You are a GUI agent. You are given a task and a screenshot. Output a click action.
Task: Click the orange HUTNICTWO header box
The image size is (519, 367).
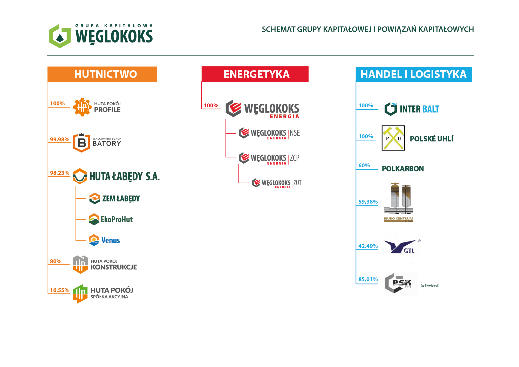pyautogui.click(x=102, y=74)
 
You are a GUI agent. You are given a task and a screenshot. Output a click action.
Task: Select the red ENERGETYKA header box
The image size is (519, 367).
pyautogui.click(x=255, y=74)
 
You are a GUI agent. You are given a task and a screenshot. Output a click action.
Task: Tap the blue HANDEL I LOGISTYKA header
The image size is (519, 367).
pyautogui.click(x=414, y=74)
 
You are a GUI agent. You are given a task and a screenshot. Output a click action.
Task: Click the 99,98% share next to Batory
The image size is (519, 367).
pyautogui.click(x=60, y=140)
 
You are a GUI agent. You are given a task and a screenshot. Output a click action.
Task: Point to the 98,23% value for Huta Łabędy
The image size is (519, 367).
pyautogui.click(x=60, y=173)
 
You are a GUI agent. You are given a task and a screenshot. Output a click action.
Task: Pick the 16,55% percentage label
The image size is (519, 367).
pyautogui.click(x=60, y=290)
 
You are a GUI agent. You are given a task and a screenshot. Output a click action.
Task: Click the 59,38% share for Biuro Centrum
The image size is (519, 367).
pyautogui.click(x=368, y=202)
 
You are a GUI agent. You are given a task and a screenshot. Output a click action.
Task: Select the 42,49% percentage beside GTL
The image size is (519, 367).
pyautogui.click(x=368, y=246)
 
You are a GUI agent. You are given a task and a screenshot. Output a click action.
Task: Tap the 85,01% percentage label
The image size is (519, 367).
pyautogui.click(x=368, y=279)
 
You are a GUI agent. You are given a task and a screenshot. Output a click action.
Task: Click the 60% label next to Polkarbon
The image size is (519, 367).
pyautogui.click(x=364, y=165)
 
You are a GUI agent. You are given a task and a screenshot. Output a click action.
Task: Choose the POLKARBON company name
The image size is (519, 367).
pyautogui.click(x=403, y=169)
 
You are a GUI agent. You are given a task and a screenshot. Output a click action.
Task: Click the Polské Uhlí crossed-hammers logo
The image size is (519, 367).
pyautogui.click(x=393, y=138)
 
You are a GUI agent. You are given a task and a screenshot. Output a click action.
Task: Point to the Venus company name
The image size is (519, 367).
pyautogui.click(x=111, y=240)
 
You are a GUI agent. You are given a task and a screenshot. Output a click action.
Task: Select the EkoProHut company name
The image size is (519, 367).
pyautogui.click(x=117, y=219)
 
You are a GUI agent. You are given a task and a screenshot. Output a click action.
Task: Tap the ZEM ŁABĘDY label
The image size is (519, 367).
pyautogui.click(x=121, y=199)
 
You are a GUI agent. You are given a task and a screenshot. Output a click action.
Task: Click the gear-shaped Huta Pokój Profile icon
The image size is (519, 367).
pyautogui.click(x=82, y=107)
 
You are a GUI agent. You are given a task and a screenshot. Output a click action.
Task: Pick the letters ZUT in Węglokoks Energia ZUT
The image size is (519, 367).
pyautogui.click(x=297, y=183)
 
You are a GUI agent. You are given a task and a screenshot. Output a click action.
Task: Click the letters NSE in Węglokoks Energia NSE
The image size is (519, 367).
pyautogui.click(x=295, y=133)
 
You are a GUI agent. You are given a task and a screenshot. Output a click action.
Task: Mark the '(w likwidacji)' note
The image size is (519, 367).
pyautogui.click(x=430, y=286)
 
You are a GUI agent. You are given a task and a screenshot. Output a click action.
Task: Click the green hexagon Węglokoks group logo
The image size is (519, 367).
pyautogui.click(x=60, y=36)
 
